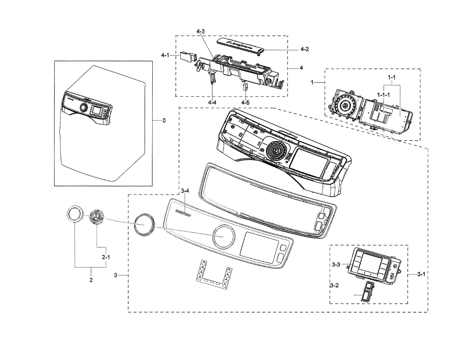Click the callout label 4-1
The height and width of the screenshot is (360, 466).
tap(165, 55)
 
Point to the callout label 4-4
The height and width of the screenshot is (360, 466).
tap(212, 102)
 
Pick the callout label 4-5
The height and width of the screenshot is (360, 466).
tap(245, 102)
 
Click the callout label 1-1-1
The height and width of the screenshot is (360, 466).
tap(383, 94)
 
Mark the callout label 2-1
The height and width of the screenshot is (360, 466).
tap(106, 257)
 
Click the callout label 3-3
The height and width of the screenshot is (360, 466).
tap(336, 264)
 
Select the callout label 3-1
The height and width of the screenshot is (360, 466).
tap(421, 274)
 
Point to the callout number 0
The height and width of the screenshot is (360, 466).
tap(164, 121)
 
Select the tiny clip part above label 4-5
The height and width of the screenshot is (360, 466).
tap(245, 86)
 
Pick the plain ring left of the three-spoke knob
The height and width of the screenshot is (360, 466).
tap(74, 214)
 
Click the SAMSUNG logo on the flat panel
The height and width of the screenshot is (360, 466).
tap(183, 212)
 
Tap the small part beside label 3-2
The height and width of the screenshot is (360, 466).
tap(365, 291)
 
